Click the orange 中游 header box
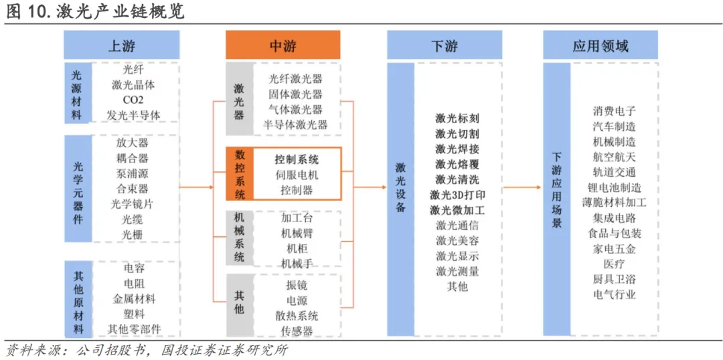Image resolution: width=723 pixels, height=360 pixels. pos(283,46)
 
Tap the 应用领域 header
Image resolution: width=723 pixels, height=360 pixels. pos(600,46)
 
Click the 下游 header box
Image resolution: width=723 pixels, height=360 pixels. pos(444,46)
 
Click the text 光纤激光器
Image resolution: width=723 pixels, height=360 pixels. pos(295,79)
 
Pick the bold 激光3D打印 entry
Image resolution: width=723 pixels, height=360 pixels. pos(457,195)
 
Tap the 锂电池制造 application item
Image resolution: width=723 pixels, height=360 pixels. pos(614,187)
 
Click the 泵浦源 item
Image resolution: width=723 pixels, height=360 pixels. pos(132,173)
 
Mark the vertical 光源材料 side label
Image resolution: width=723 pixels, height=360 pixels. pos(77,94)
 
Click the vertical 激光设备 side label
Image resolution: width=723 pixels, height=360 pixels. pos(400,187)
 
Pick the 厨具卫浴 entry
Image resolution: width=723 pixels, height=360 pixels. pos(614,280)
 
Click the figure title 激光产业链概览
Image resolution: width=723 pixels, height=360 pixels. pos(121,11)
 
